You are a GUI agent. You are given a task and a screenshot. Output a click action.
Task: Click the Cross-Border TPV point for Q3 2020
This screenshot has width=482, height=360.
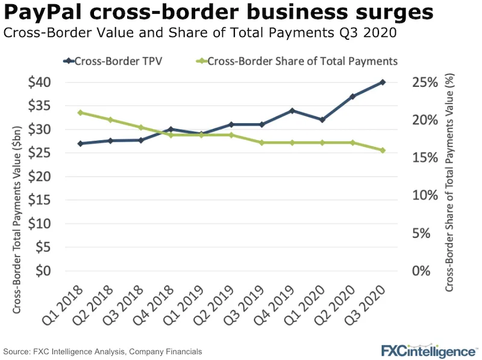coord(383,82)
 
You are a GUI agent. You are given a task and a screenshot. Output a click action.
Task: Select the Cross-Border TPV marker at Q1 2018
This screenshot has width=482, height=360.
coord(80,144)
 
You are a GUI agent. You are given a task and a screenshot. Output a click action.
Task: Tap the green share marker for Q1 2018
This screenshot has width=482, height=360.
coord(80,113)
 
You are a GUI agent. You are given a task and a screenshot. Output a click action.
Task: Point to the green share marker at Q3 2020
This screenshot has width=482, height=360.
coord(383,150)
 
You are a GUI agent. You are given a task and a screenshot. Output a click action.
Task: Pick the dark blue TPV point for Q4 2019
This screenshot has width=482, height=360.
coord(292,110)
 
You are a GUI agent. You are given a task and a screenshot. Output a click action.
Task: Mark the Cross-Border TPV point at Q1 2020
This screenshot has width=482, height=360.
coord(322,120)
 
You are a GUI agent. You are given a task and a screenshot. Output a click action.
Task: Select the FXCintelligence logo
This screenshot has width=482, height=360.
coord(428,350)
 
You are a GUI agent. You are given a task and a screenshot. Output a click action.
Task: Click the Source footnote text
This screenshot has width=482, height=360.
coord(102,351)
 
